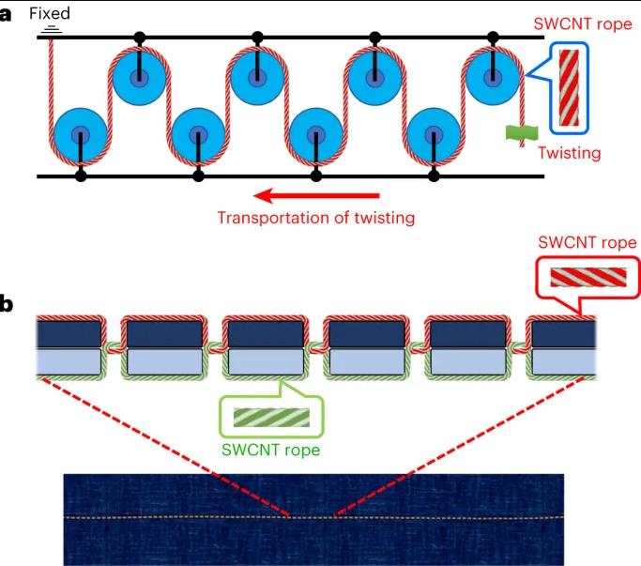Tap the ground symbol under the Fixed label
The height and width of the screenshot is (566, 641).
53,29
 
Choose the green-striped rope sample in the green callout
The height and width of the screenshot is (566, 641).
270,414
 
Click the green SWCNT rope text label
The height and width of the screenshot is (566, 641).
270,449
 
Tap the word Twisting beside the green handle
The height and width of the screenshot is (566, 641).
568,152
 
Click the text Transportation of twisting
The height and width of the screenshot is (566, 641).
315,219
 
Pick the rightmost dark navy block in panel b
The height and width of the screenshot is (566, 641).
560,334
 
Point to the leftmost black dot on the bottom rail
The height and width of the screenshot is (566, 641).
81,175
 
